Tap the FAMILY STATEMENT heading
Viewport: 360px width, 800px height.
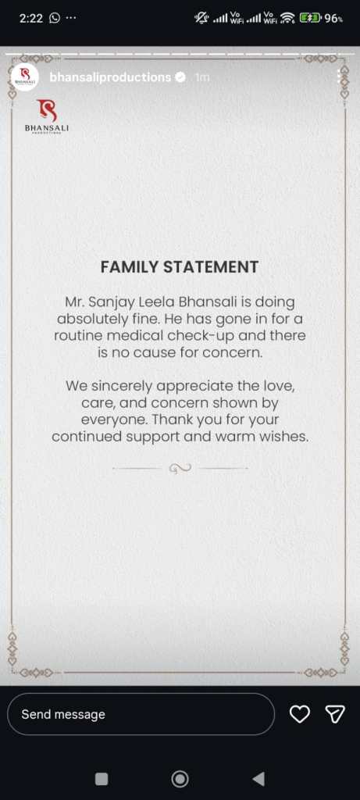[x=180, y=266]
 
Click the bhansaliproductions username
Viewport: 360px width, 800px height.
[x=110, y=77]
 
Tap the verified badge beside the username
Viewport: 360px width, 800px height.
[x=180, y=77]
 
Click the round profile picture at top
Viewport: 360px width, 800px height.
[x=26, y=77]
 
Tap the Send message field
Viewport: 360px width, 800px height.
[x=141, y=714]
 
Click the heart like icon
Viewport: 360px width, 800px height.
[x=300, y=714]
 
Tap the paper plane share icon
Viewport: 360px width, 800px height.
[x=335, y=714]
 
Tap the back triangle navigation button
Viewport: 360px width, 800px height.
[x=258, y=778]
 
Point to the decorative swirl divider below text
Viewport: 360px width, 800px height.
[x=180, y=468]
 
